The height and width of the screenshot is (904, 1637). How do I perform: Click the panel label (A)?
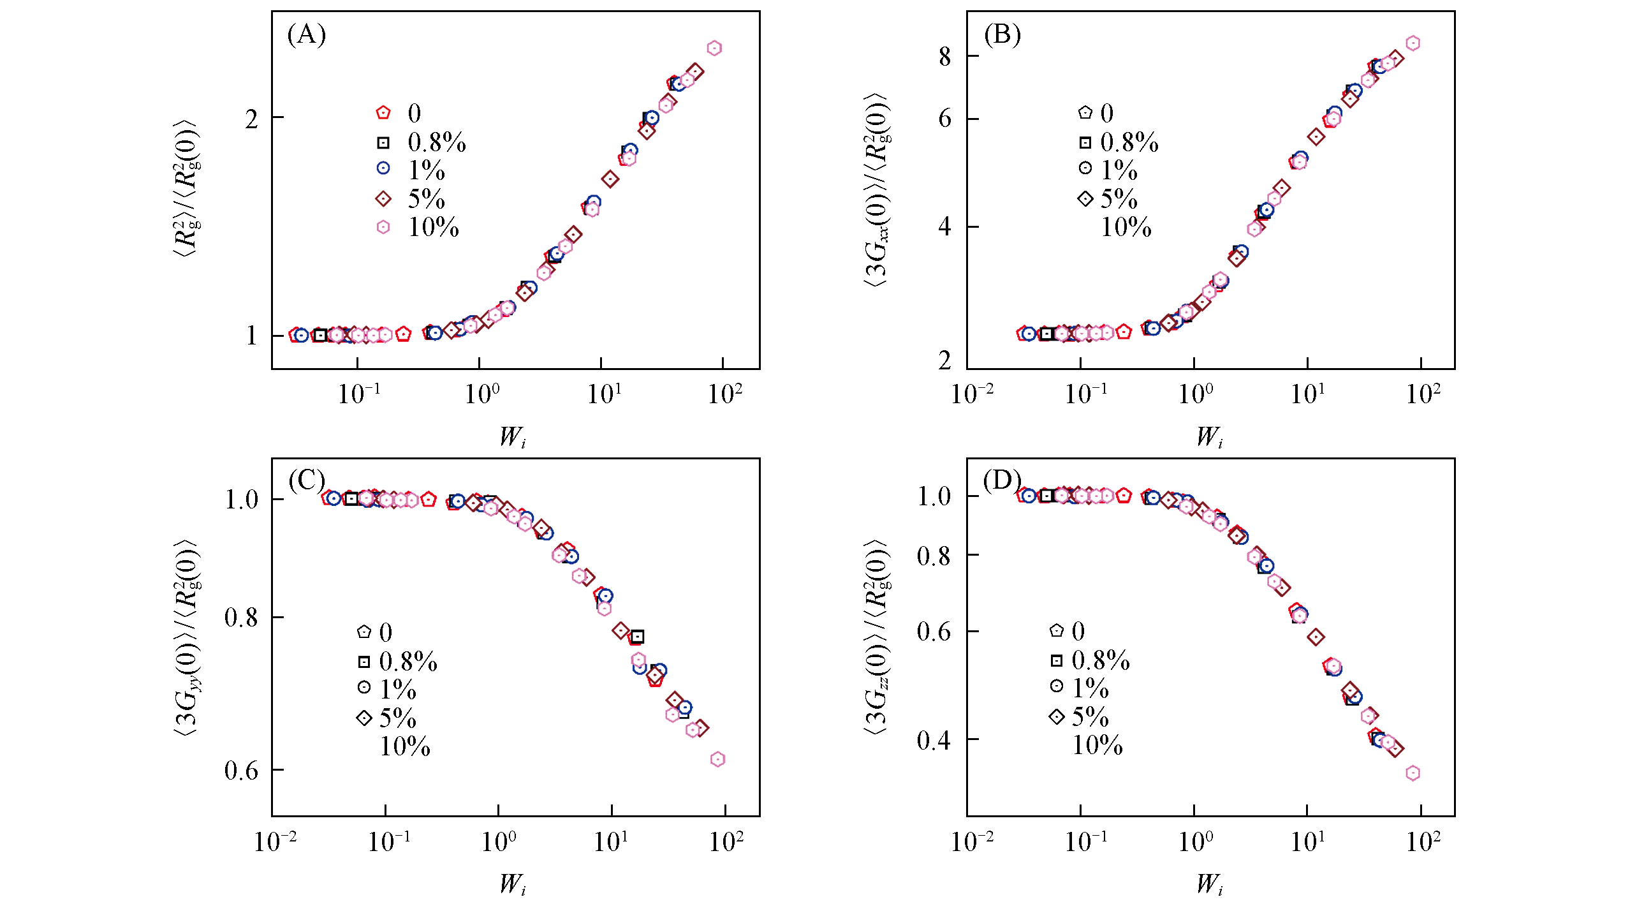click(307, 34)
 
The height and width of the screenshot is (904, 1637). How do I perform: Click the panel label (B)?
click(1002, 34)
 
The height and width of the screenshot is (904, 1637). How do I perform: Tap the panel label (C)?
click(307, 480)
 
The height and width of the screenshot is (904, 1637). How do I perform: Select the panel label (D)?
click(1002, 480)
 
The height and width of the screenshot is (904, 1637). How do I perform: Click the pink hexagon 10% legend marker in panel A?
click(383, 227)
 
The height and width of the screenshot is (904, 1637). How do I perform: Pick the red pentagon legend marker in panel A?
click(383, 113)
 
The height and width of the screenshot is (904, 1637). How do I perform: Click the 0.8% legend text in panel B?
click(1129, 142)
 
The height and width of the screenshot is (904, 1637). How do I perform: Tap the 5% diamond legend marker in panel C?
click(364, 718)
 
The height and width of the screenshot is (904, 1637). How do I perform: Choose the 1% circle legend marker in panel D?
click(1057, 686)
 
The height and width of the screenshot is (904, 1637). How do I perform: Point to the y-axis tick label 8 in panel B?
click(945, 57)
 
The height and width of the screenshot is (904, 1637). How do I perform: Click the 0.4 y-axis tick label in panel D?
click(934, 741)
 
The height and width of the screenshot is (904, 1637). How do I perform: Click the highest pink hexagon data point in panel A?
click(714, 48)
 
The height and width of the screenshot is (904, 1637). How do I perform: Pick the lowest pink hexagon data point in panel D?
click(1413, 773)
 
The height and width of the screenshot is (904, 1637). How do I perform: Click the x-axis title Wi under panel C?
click(512, 884)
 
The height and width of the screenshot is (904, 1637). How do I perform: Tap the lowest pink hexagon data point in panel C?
click(717, 759)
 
